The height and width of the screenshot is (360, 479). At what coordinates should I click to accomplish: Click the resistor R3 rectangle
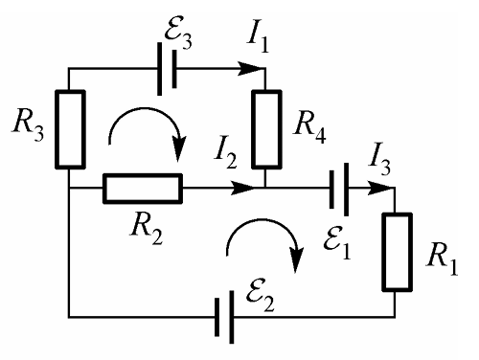71,129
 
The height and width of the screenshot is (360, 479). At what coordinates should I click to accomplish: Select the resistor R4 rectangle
266,129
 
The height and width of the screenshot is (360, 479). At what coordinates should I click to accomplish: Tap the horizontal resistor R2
143,189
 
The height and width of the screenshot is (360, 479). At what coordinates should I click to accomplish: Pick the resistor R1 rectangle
398,252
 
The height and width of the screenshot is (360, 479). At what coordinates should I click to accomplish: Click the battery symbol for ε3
167,69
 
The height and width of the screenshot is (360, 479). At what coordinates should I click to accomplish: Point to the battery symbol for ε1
339,189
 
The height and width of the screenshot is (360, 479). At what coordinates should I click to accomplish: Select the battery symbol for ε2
224,317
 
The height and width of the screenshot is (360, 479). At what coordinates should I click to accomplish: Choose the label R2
147,229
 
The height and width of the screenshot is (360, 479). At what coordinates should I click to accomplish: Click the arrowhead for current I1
252,69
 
